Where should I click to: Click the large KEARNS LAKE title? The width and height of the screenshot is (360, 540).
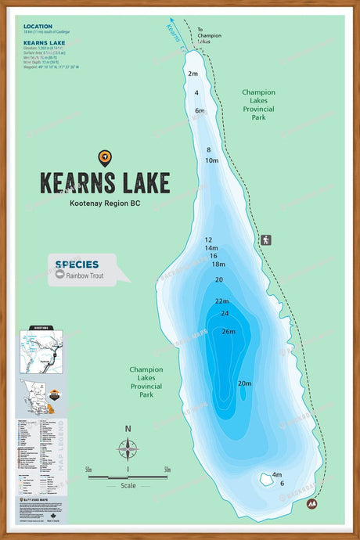click(105, 182)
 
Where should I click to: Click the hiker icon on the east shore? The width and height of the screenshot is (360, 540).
click(266, 239)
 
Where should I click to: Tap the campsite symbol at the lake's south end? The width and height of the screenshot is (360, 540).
click(311, 505)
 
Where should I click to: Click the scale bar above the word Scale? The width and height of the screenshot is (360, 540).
click(128, 476)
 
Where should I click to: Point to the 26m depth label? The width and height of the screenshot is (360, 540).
click(228, 331)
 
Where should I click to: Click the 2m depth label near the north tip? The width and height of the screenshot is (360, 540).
click(193, 74)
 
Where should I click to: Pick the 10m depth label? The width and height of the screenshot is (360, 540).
click(211, 160)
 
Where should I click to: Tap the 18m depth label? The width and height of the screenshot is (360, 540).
click(218, 265)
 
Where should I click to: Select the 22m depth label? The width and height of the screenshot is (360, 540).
click(221, 301)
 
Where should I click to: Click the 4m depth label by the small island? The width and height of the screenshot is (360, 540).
click(276, 474)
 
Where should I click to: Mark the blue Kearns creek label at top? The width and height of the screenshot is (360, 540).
click(174, 32)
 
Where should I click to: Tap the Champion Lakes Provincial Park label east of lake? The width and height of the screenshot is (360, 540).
click(258, 101)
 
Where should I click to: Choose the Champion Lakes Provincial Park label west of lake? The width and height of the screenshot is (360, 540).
click(146, 381)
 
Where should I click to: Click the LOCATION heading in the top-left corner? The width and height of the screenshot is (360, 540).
click(38, 27)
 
